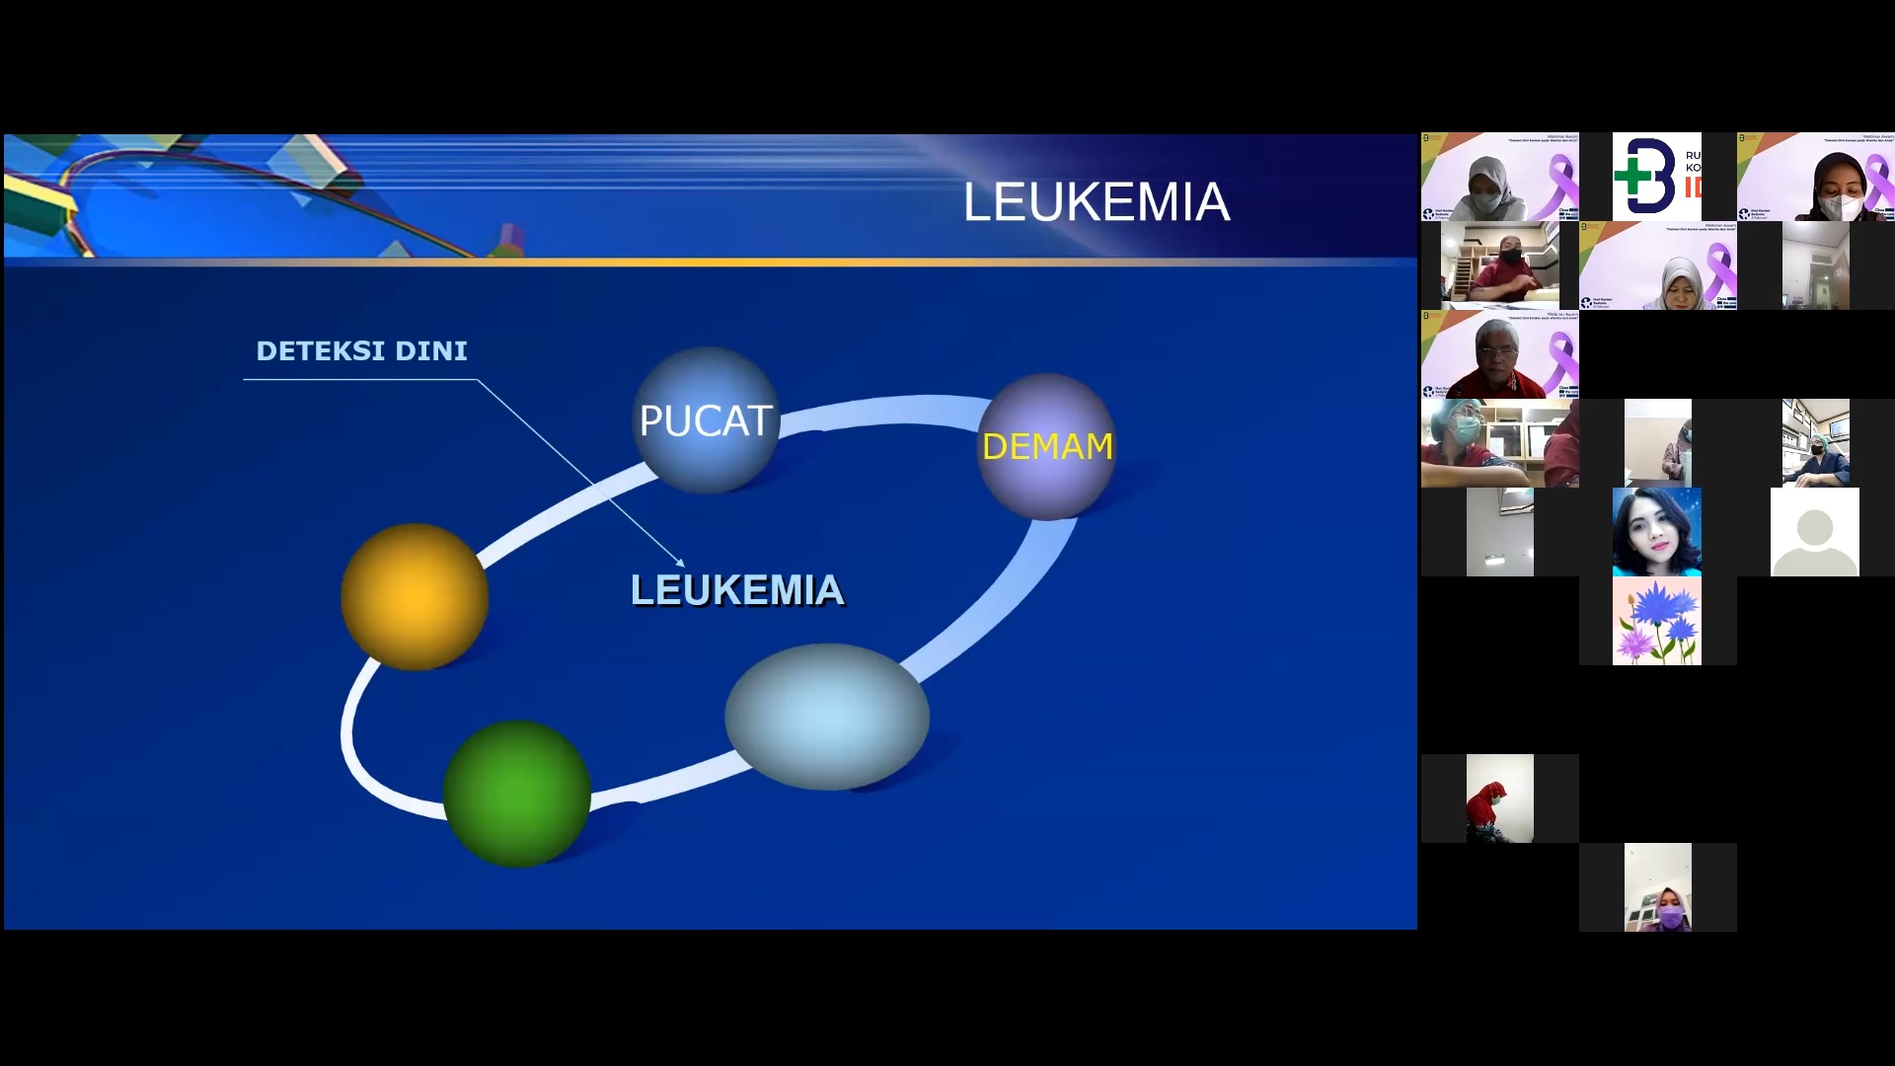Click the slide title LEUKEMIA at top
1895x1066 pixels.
coord(1096,202)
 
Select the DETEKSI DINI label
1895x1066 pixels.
coord(361,351)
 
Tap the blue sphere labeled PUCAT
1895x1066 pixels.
coord(705,420)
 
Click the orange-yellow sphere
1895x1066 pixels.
coord(415,596)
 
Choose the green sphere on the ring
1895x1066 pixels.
coord(516,794)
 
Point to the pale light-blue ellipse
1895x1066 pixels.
coord(826,716)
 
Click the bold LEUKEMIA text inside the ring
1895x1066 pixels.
coord(737,590)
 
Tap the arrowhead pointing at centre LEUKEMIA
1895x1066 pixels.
coord(679,562)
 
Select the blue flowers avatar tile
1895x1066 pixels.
coord(1657,621)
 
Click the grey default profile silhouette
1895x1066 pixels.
coord(1814,532)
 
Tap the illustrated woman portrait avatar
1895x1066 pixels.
coord(1657,532)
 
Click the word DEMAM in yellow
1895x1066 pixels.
coord(1046,446)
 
